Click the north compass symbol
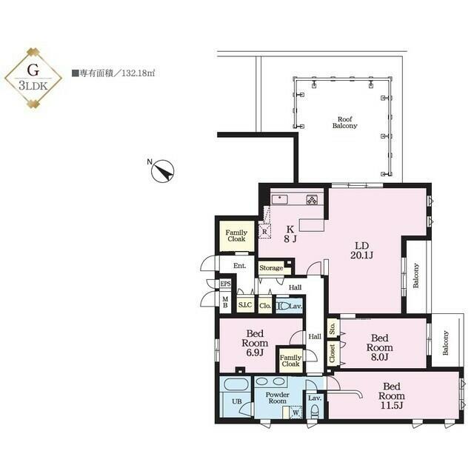(x=162, y=171)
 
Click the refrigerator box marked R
(x=264, y=230)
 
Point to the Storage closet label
(x=271, y=268)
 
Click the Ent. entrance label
(x=239, y=266)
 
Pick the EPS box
(x=225, y=284)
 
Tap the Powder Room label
(x=277, y=397)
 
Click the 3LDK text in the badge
(x=33, y=86)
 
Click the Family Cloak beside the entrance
(x=236, y=236)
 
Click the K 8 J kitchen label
(x=290, y=233)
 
